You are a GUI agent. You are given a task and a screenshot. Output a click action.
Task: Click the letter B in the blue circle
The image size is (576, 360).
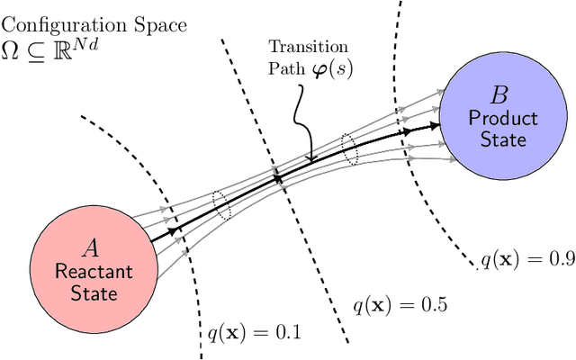[x=497, y=95]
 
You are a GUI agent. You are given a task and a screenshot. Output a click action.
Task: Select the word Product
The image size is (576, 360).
[x=503, y=118]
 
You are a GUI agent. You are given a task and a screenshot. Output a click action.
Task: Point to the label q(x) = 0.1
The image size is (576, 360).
[x=248, y=334]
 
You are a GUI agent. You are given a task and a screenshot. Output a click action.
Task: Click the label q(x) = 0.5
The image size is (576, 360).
[x=398, y=304]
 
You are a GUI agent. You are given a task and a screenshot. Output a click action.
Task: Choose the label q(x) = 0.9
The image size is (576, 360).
[x=526, y=260]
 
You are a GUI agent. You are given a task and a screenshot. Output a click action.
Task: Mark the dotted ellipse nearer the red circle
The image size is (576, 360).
[x=221, y=204]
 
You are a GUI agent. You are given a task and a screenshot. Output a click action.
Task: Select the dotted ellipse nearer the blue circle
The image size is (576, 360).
[x=351, y=149]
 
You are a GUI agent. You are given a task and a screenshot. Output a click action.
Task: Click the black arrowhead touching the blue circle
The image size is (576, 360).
[x=435, y=126]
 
